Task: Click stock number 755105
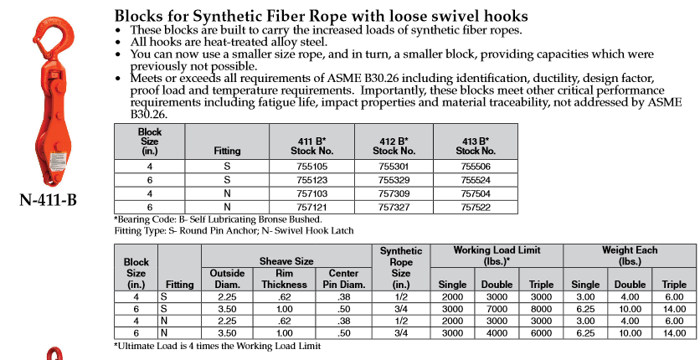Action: [x=311, y=167]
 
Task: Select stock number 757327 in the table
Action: [x=394, y=208]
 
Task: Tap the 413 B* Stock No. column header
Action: [x=476, y=147]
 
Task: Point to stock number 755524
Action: [x=476, y=180]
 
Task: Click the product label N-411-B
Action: [x=49, y=200]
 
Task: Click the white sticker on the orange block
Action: [x=58, y=162]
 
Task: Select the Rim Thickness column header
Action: [x=285, y=279]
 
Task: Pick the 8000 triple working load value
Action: [x=541, y=309]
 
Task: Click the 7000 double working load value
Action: [x=497, y=309]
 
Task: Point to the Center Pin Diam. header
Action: [x=344, y=279]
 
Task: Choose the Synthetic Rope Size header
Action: [x=401, y=268]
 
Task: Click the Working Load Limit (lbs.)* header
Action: [x=497, y=255]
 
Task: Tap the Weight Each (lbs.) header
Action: [x=630, y=255]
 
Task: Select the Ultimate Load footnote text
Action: [x=218, y=346]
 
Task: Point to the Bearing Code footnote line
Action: [x=218, y=219]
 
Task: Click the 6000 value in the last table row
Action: [x=541, y=333]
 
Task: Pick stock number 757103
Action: [x=311, y=194]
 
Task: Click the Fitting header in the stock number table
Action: [x=227, y=151]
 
